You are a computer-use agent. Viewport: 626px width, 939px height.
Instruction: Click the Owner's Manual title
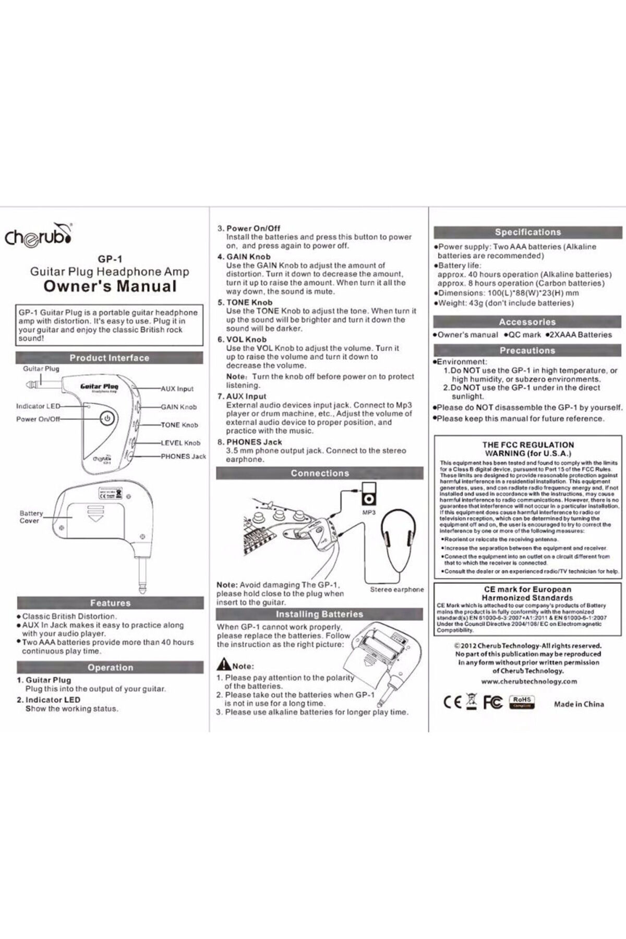coord(110,286)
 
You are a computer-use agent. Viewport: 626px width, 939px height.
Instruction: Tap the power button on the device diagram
coord(106,418)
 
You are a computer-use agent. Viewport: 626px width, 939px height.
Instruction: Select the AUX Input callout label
coord(177,389)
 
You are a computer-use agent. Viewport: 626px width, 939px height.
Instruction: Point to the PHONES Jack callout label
coord(183,456)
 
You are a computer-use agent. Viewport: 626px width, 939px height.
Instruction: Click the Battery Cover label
coord(31,516)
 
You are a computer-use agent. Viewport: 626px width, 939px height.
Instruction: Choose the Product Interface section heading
coord(110,358)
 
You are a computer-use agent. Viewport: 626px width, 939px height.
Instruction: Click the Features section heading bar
coord(110,603)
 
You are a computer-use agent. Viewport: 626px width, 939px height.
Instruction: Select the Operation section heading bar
coord(110,667)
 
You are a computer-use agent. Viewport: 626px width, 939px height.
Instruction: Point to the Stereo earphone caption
coord(397,589)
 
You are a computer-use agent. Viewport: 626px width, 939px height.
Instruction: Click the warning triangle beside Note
coord(224,665)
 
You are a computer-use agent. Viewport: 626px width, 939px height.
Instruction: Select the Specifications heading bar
coord(527,232)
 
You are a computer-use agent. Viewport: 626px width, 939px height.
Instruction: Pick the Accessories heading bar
coord(527,322)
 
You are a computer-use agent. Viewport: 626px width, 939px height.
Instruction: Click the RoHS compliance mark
coord(522,701)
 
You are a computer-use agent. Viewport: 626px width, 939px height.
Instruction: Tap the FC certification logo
coord(493,702)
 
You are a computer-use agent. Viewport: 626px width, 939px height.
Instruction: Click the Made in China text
coord(579,704)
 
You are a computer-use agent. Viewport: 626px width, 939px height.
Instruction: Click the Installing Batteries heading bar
coord(319,614)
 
